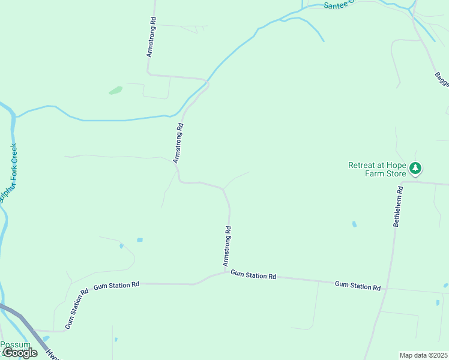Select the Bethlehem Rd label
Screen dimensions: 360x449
pyautogui.click(x=398, y=206)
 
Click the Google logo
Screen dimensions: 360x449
pyautogui.click(x=20, y=353)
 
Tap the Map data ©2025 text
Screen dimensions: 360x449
pyautogui.click(x=423, y=355)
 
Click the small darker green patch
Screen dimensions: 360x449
pyautogui.click(x=115, y=91)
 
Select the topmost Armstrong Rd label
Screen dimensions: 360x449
pyautogui.click(x=151, y=37)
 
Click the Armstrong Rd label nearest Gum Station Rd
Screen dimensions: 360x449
pyautogui.click(x=227, y=246)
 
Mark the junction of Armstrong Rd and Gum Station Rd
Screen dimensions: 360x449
pyautogui.click(x=227, y=273)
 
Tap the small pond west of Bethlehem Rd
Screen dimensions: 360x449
pyautogui.click(x=354, y=224)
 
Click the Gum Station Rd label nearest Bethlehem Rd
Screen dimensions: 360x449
pyautogui.click(x=357, y=286)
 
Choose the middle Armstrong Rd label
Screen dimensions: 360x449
pyautogui.click(x=178, y=143)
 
